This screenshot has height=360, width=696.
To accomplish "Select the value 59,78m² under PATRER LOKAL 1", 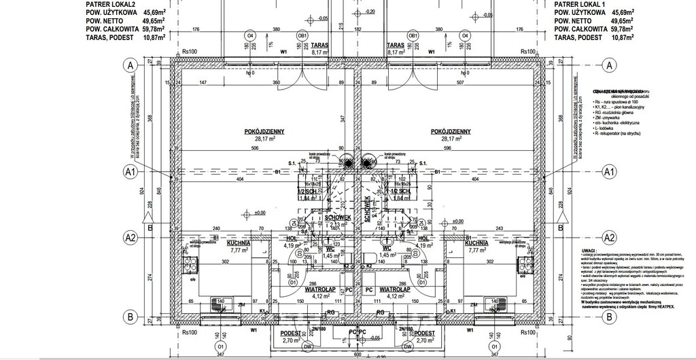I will coord(619,30).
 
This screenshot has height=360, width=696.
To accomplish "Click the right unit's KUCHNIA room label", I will coord(479,242).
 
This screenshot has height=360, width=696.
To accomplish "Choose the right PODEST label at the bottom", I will coord(424,334).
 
